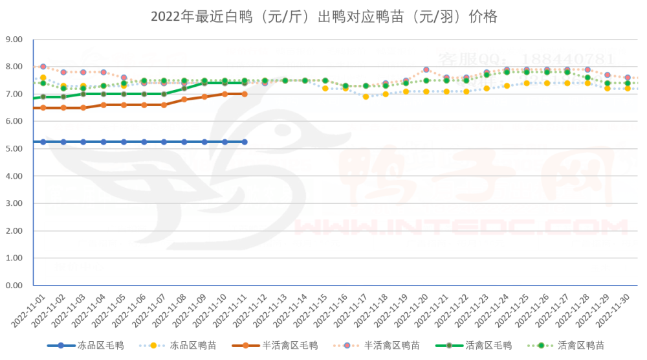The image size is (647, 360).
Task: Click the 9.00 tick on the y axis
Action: coord(14,39)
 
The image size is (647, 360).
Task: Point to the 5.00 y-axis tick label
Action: coord(14,149)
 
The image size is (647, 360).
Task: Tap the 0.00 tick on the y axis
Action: coord(14,286)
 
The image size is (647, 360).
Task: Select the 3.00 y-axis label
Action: coord(14,203)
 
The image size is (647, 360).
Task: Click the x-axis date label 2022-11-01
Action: coord(32,310)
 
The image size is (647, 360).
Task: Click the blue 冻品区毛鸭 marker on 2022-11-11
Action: coord(245,142)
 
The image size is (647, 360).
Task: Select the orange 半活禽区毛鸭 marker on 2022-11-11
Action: coord(245,94)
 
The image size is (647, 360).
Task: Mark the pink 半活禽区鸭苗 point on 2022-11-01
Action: coord(43,67)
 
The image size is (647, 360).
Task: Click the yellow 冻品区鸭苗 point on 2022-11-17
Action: coord(366,96)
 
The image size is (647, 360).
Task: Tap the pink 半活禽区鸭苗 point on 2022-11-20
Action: coord(426,70)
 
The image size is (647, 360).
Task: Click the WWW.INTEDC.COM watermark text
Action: coord(453,227)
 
